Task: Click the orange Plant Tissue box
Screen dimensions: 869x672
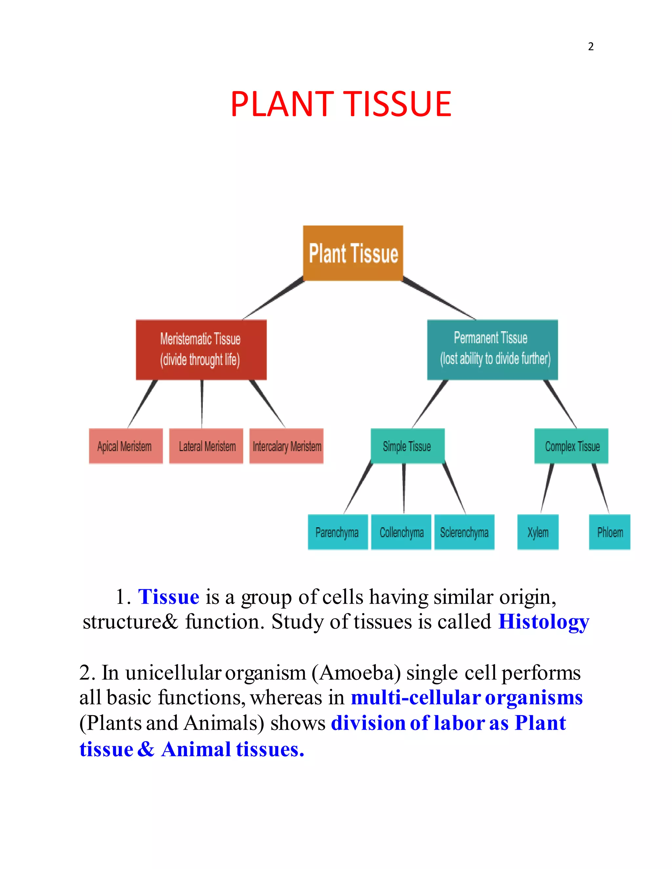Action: [x=353, y=253]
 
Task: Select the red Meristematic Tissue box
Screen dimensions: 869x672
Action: [x=201, y=349]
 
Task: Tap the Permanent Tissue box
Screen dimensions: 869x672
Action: [x=493, y=349]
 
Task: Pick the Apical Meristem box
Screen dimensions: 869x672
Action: [x=126, y=446]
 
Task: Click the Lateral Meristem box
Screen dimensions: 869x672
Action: [x=206, y=446]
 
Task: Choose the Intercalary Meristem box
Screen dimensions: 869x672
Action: [x=286, y=446]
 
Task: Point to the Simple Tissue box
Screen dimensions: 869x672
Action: [x=408, y=446]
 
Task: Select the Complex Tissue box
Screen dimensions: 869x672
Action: [x=571, y=446]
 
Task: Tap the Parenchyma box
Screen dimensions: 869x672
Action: [x=338, y=532]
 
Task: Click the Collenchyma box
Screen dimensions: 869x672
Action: [x=401, y=532]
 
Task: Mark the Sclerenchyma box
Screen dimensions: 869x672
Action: [x=464, y=532]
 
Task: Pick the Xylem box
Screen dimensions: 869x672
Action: [x=538, y=532]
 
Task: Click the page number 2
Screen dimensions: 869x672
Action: [x=591, y=47]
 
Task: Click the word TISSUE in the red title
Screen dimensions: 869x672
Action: [x=397, y=104]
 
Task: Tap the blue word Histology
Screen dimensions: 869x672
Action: [x=544, y=621]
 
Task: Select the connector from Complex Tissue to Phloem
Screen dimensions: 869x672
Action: [x=601, y=489]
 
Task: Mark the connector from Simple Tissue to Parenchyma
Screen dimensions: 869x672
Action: [x=358, y=489]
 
